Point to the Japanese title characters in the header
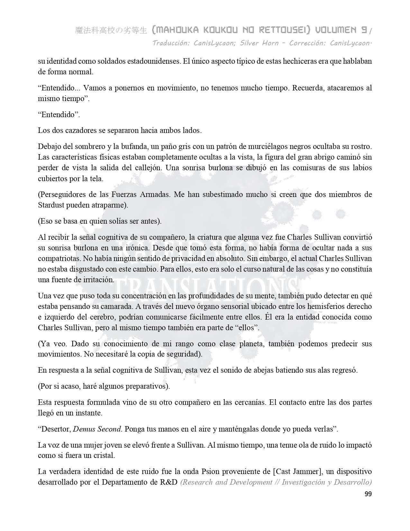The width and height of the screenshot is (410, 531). click(x=111, y=31)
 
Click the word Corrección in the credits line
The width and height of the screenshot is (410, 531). click(x=307, y=43)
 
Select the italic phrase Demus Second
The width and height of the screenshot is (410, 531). click(x=97, y=429)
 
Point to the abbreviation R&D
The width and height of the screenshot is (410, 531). click(x=169, y=482)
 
